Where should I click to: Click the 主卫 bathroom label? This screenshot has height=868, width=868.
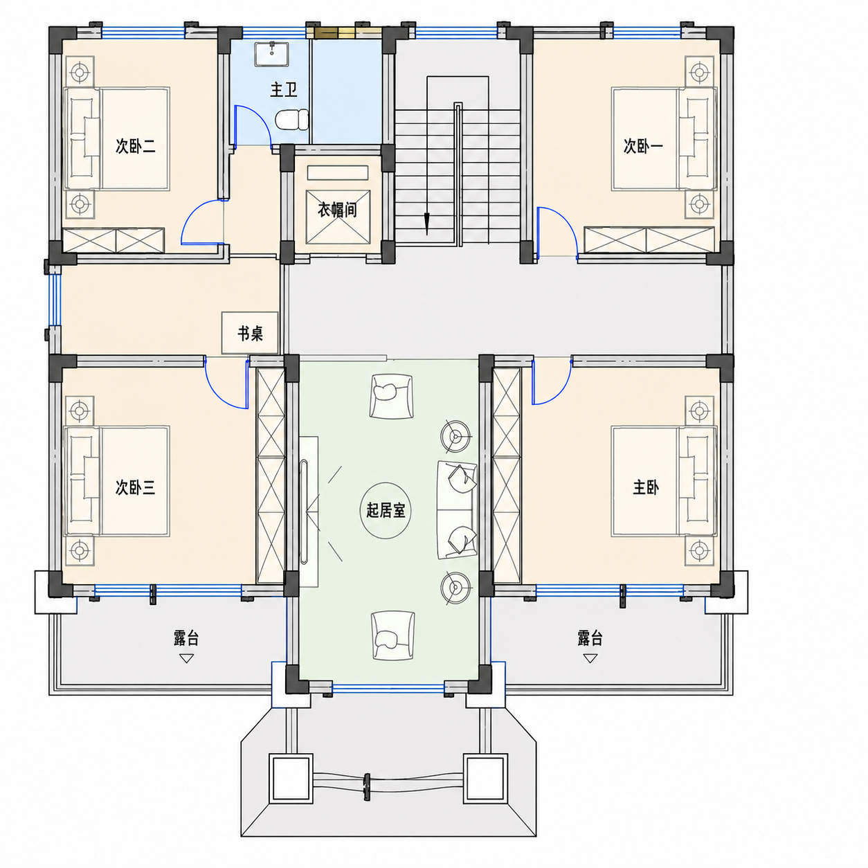click(284, 89)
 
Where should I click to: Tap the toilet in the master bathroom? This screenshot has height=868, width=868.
click(292, 120)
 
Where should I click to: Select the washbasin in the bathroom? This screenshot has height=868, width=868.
click(272, 53)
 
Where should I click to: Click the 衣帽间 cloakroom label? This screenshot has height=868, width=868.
click(337, 210)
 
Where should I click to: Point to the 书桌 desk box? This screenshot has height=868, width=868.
click(250, 333)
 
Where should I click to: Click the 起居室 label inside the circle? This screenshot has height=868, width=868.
click(386, 510)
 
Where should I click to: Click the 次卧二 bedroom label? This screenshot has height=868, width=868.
click(136, 146)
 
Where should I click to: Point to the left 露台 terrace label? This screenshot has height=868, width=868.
click(186, 638)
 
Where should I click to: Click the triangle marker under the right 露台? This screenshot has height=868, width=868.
click(590, 658)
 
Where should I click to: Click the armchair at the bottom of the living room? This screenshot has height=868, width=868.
click(392, 635)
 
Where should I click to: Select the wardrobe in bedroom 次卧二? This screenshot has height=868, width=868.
click(113, 241)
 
